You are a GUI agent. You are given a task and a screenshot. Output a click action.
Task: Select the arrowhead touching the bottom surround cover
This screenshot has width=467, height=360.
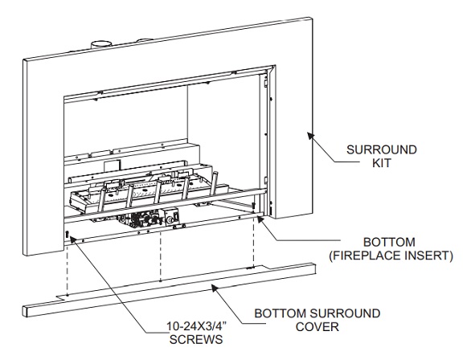point(212,284)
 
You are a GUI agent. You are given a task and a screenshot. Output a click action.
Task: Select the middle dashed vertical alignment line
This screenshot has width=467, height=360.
point(162,261)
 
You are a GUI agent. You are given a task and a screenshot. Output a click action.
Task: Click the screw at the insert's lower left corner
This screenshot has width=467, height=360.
point(68,235)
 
